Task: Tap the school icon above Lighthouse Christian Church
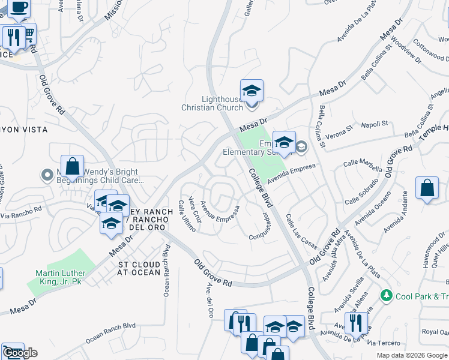coord(252,91)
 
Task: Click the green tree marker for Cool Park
coord(387,296)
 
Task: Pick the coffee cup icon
coord(19,7)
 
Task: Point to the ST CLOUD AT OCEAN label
coord(139,268)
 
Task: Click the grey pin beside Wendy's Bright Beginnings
coord(47,175)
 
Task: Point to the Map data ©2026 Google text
coord(411,355)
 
